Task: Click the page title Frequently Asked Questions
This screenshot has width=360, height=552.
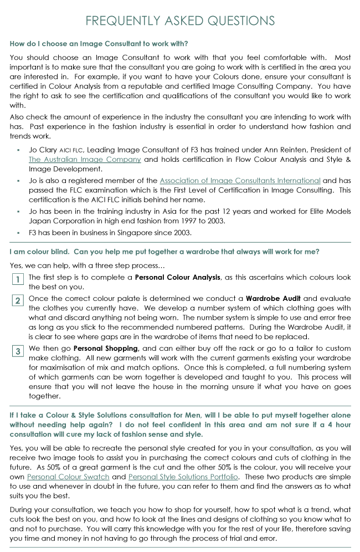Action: point(180,21)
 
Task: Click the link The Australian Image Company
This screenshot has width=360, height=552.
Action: point(85,160)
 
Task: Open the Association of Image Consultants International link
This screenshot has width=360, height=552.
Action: point(240,180)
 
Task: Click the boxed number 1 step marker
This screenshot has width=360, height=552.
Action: point(18,279)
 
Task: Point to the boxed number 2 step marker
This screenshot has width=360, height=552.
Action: point(18,301)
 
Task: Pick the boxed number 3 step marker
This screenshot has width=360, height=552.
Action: point(18,351)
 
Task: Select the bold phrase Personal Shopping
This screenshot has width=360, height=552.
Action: point(106,348)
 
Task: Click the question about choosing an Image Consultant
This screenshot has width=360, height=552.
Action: point(96,44)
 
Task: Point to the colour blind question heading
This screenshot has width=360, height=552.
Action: point(164,252)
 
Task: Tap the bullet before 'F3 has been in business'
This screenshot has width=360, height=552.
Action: point(19,233)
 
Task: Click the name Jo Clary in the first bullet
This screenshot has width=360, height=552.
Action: point(42,150)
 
